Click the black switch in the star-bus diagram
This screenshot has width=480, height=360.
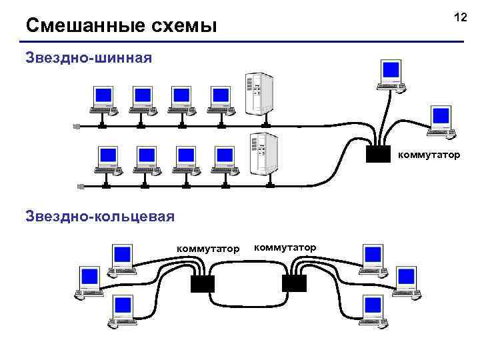(x=378, y=154)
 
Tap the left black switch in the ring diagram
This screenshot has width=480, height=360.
(x=202, y=283)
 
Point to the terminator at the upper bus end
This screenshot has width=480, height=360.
(x=77, y=125)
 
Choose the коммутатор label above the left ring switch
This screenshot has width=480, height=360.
(x=207, y=249)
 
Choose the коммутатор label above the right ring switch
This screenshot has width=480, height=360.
(x=285, y=247)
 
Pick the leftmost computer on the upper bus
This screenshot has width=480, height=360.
(x=103, y=99)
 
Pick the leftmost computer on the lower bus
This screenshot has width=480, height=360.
(x=108, y=158)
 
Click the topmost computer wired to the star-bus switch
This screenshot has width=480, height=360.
(x=389, y=73)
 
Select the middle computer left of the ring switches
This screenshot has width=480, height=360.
(x=89, y=279)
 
